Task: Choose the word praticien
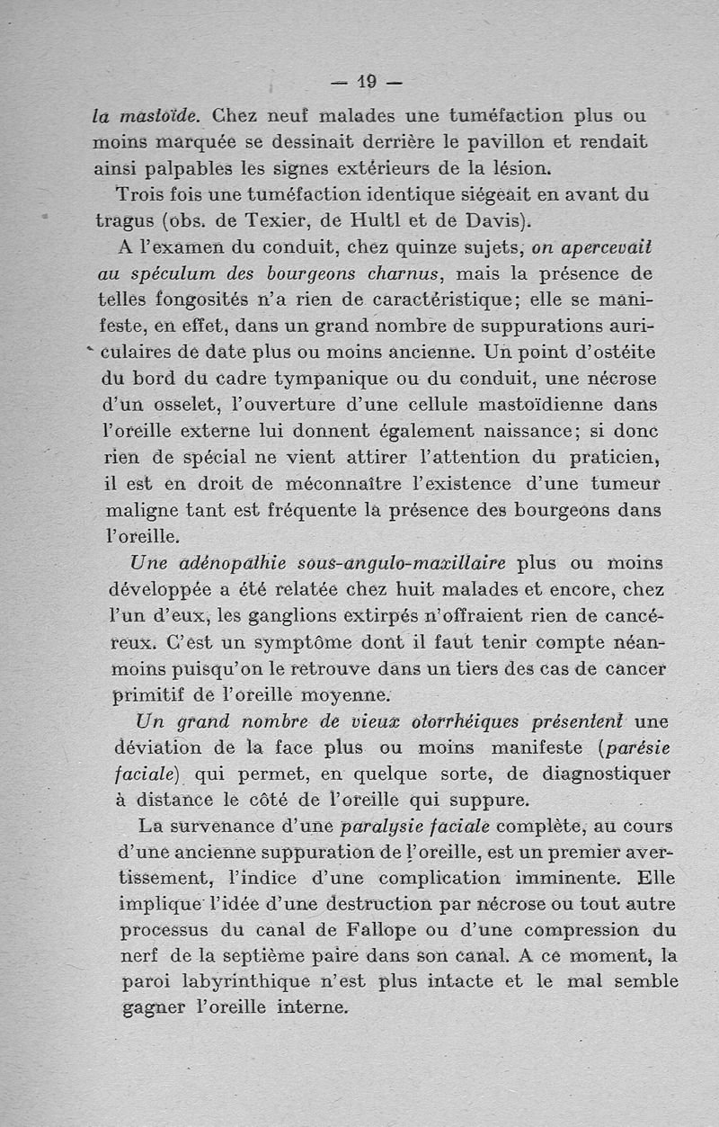pyautogui.click(x=607, y=456)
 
